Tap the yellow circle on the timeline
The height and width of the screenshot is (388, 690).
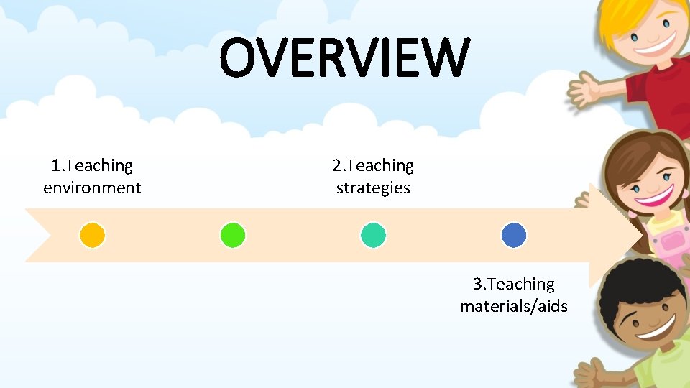coord(92,235)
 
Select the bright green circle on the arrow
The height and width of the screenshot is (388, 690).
coord(233,235)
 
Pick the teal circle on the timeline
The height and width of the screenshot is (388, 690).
coord(373,235)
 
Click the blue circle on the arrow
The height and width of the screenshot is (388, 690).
coord(514,235)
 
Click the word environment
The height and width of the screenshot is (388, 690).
coord(92,188)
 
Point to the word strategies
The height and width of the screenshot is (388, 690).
coord(373,188)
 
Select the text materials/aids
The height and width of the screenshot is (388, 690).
coord(514,307)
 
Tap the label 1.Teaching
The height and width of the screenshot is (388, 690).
coord(92,166)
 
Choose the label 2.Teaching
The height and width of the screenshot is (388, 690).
coord(373,166)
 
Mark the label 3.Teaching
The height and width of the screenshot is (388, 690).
coord(514,285)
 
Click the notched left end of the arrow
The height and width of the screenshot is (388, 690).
coord(40,235)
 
